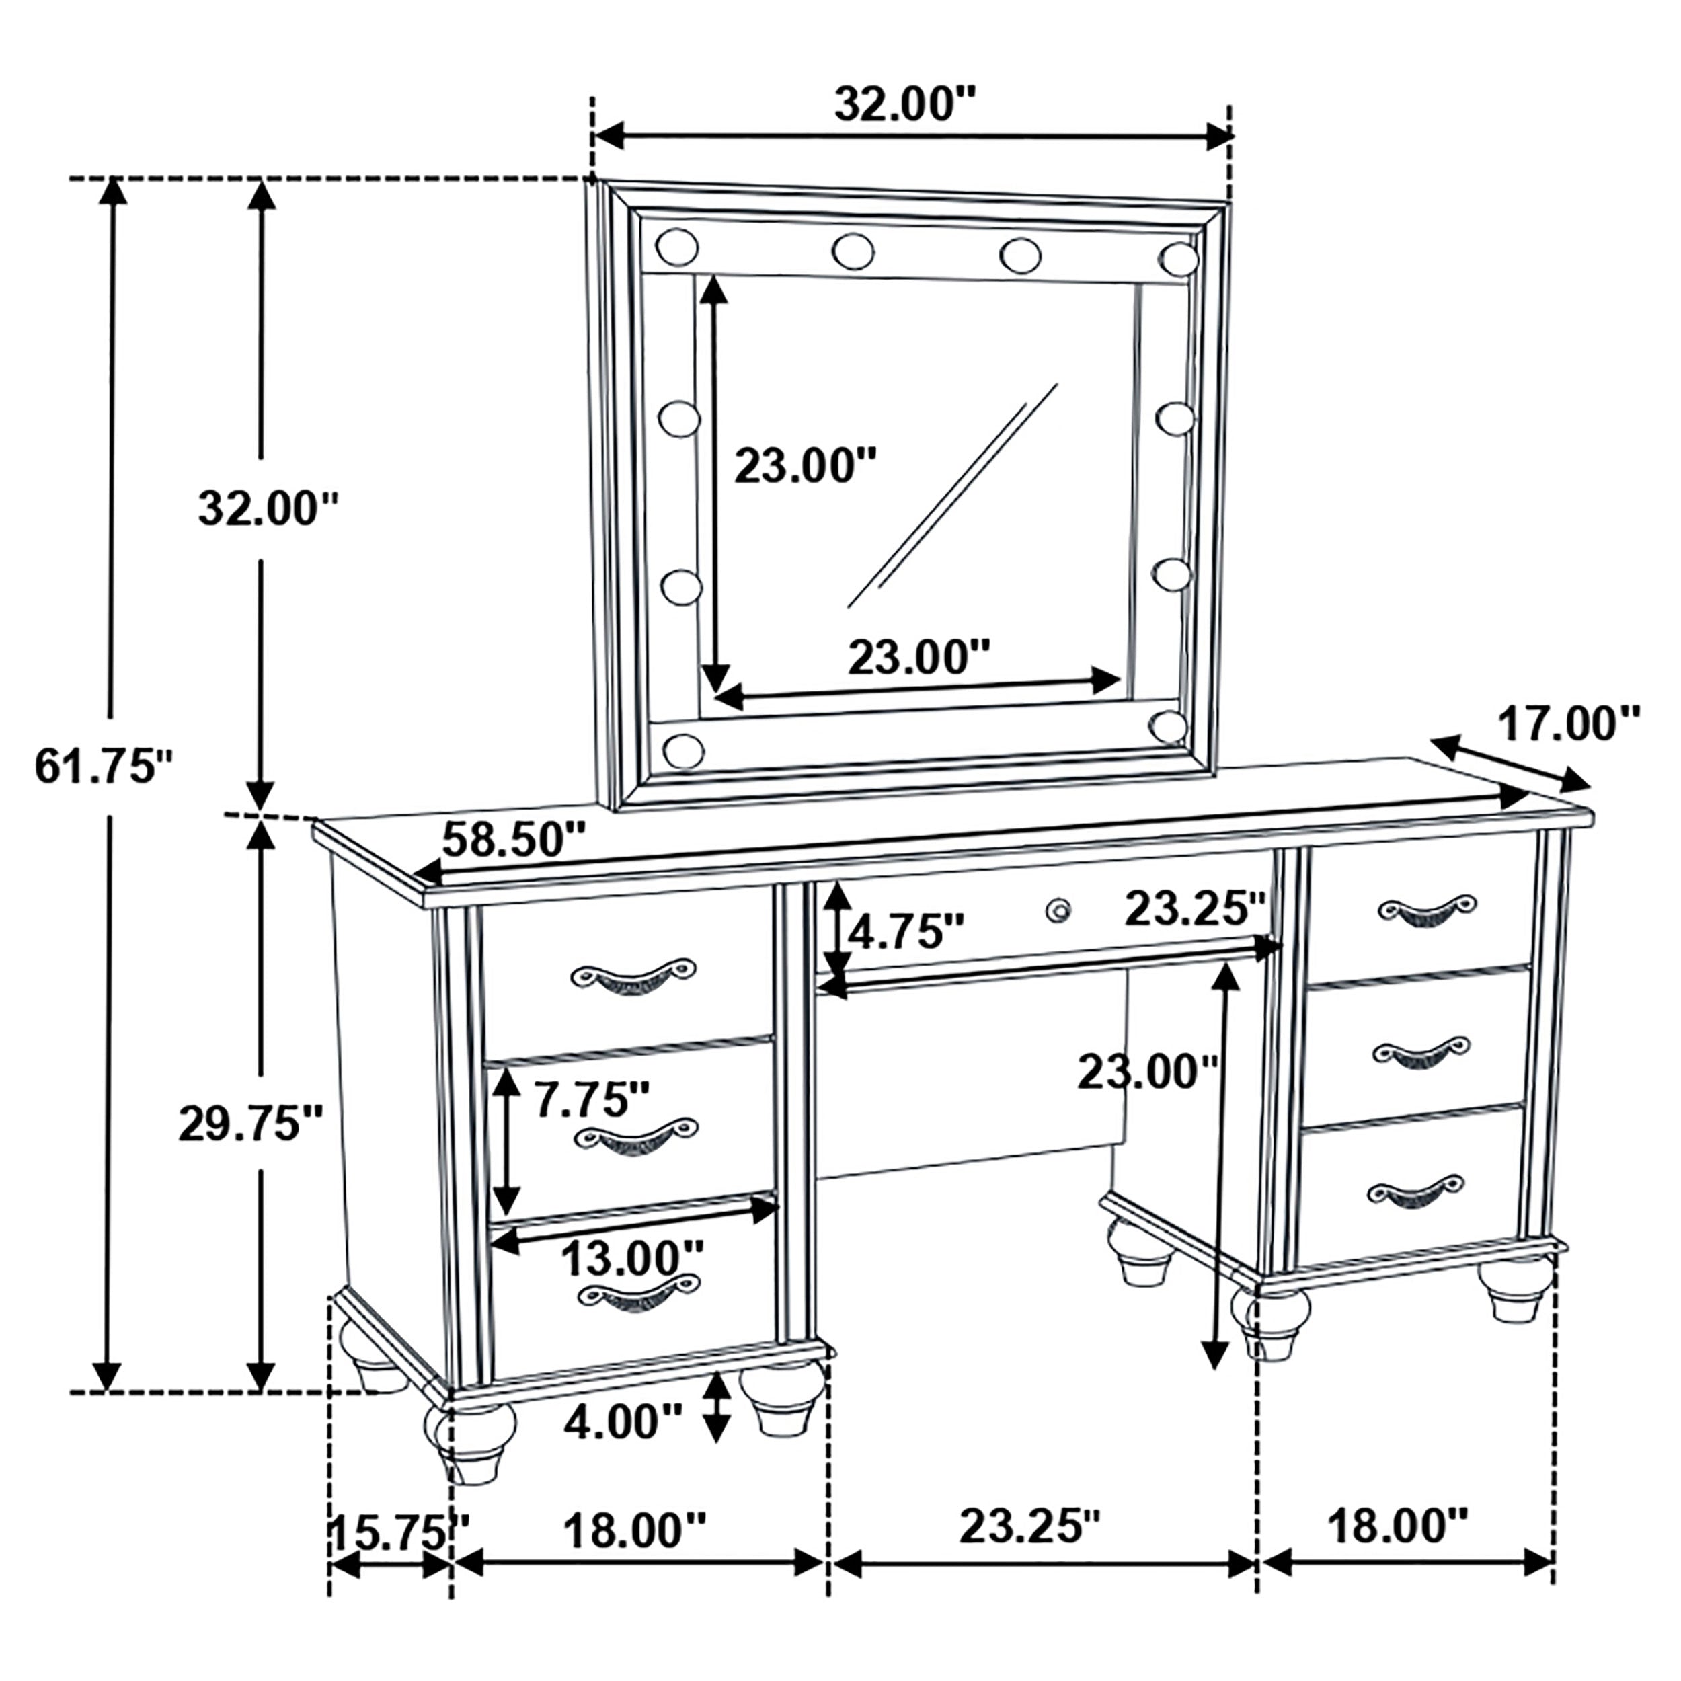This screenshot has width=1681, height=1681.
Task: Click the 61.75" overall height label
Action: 104,767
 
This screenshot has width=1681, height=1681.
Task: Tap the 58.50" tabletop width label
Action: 513,840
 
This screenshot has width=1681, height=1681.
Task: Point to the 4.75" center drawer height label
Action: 906,933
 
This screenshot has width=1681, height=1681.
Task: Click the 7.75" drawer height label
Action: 592,1100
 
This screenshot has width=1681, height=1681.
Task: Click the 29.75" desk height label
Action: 251,1124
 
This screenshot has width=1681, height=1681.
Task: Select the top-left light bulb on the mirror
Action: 677,247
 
